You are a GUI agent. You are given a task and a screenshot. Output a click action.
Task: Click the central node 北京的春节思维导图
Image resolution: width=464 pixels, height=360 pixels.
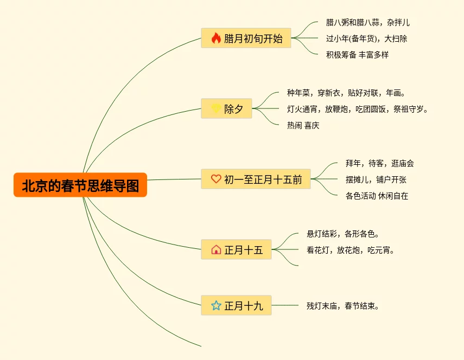tap(80, 186)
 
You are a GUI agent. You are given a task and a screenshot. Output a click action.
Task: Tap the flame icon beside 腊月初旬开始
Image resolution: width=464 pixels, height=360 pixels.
tap(216, 38)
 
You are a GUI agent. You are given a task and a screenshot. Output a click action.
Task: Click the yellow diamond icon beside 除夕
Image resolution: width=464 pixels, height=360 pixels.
tap(216, 109)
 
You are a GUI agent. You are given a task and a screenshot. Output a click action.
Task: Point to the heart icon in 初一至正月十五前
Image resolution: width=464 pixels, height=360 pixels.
tap(216, 179)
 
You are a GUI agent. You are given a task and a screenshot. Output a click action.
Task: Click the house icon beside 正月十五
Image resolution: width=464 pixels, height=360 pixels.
tap(216, 250)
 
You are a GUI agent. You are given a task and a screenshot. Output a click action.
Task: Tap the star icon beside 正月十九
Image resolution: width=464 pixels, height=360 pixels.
tap(216, 305)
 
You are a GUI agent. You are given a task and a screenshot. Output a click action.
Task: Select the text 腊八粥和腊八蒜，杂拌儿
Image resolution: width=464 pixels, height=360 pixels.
tap(367, 23)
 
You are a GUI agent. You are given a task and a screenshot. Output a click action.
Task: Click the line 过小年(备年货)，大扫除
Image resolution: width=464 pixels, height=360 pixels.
tap(366, 38)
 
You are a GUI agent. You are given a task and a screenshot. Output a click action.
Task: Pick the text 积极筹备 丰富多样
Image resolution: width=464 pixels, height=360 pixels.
tap(357, 55)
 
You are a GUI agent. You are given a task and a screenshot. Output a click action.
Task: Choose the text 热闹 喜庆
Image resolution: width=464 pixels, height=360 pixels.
tap(303, 125)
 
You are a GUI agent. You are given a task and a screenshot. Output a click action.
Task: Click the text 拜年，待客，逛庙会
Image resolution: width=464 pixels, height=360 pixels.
tap(379, 163)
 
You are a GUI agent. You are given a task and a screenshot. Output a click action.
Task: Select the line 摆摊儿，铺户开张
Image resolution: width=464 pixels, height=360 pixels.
tap(376, 179)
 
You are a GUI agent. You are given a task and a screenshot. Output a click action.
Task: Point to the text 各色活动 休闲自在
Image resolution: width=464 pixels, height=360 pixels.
tap(377, 196)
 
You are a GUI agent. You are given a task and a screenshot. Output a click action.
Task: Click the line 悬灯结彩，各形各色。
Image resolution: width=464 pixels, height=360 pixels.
tap(343, 234)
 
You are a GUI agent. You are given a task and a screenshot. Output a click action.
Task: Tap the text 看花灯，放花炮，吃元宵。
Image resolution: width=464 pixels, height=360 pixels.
tap(351, 250)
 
